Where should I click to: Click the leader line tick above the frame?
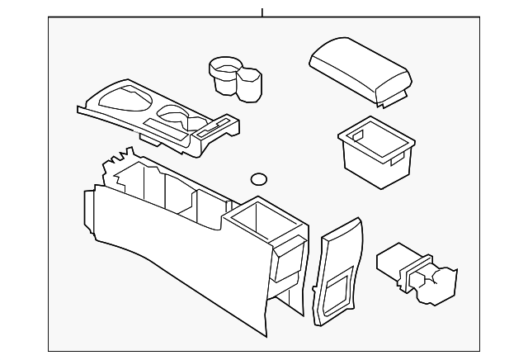coord(262,12)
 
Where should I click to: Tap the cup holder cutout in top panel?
coord(173,112)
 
